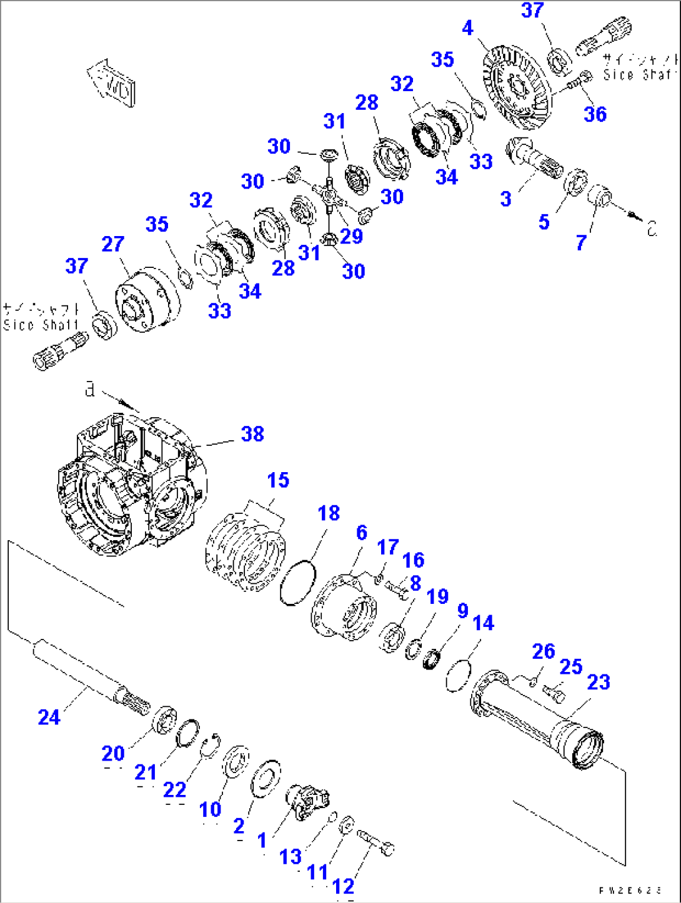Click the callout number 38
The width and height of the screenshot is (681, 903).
tap(252, 434)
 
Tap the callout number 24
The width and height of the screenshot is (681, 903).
tap(49, 717)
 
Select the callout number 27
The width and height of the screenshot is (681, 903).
tap(112, 244)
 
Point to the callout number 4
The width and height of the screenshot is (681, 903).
tap(467, 28)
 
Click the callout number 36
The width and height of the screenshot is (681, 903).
tap(595, 114)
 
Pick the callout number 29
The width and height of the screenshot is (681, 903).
tap(351, 236)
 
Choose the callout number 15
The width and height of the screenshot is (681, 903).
tap(278, 480)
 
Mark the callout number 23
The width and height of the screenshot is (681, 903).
tap(598, 682)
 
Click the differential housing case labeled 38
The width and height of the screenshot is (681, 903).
tap(131, 487)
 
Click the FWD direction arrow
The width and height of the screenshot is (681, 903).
tap(112, 84)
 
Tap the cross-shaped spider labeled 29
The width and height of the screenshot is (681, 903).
tap(329, 197)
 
